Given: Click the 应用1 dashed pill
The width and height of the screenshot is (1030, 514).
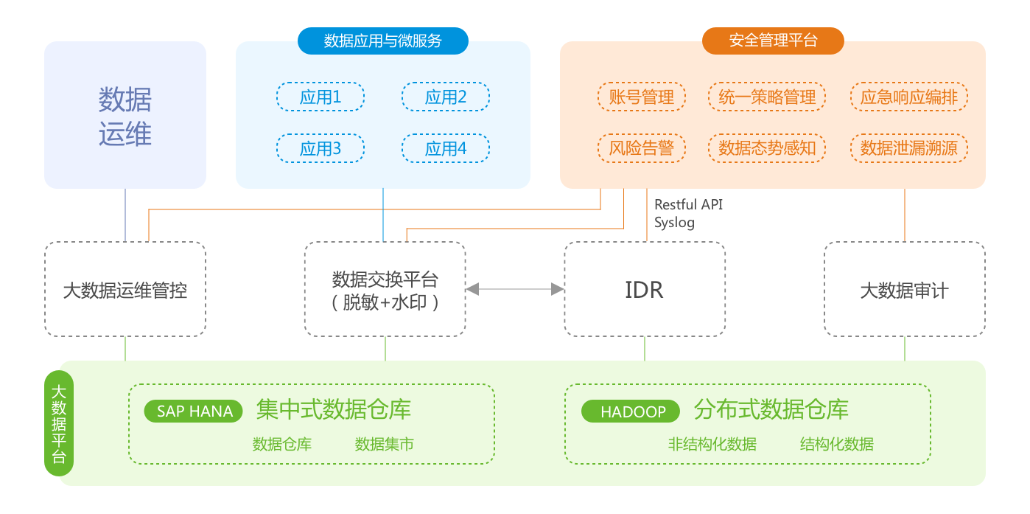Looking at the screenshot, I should pyautogui.click(x=320, y=97).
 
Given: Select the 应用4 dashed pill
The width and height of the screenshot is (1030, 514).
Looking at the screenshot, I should pyautogui.click(x=445, y=148).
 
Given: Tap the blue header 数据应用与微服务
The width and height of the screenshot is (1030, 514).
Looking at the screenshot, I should pyautogui.click(x=382, y=41).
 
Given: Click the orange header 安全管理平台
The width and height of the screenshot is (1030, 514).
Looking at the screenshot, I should pyautogui.click(x=773, y=41).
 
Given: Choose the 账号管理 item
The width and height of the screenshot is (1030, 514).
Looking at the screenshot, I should pyautogui.click(x=641, y=97).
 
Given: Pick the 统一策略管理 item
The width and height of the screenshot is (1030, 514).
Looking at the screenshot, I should pyautogui.click(x=767, y=97).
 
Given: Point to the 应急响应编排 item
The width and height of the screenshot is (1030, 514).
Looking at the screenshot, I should pyautogui.click(x=908, y=97).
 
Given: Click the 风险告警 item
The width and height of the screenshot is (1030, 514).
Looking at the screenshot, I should pyautogui.click(x=641, y=148).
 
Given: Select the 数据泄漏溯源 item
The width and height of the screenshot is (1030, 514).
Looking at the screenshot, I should pyautogui.click(x=908, y=148).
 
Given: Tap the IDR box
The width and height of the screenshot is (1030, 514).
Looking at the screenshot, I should pyautogui.click(x=645, y=290).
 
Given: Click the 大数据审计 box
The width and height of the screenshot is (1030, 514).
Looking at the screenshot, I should pyautogui.click(x=904, y=290).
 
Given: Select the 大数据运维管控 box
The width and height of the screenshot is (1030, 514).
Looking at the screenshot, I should pyautogui.click(x=125, y=290).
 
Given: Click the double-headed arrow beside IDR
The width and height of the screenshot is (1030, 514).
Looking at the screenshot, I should pyautogui.click(x=515, y=290).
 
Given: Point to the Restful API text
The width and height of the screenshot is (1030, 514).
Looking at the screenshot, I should pyautogui.click(x=683, y=204).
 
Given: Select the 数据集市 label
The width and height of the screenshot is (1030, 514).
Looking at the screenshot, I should pyautogui.click(x=384, y=444).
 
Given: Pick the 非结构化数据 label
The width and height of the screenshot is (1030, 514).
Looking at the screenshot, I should pyautogui.click(x=712, y=444).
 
